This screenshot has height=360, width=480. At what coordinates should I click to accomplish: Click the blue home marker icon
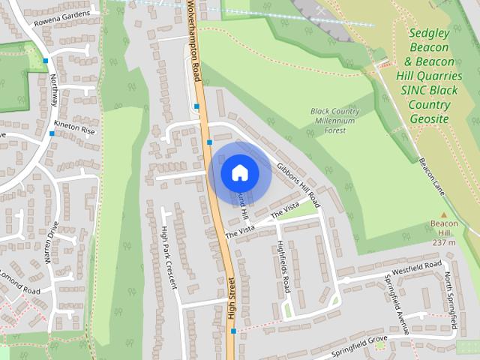point(239,172)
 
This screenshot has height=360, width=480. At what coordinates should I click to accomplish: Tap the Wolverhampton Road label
point(196,41)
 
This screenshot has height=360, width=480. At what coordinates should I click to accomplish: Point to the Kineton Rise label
point(74,129)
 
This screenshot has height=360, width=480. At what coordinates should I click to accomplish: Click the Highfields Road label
point(283,266)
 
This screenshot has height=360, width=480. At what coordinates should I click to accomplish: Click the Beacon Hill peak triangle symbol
point(443,214)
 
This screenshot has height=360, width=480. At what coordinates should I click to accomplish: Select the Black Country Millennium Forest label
point(334,121)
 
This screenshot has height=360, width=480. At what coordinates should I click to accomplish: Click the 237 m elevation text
point(444,242)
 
